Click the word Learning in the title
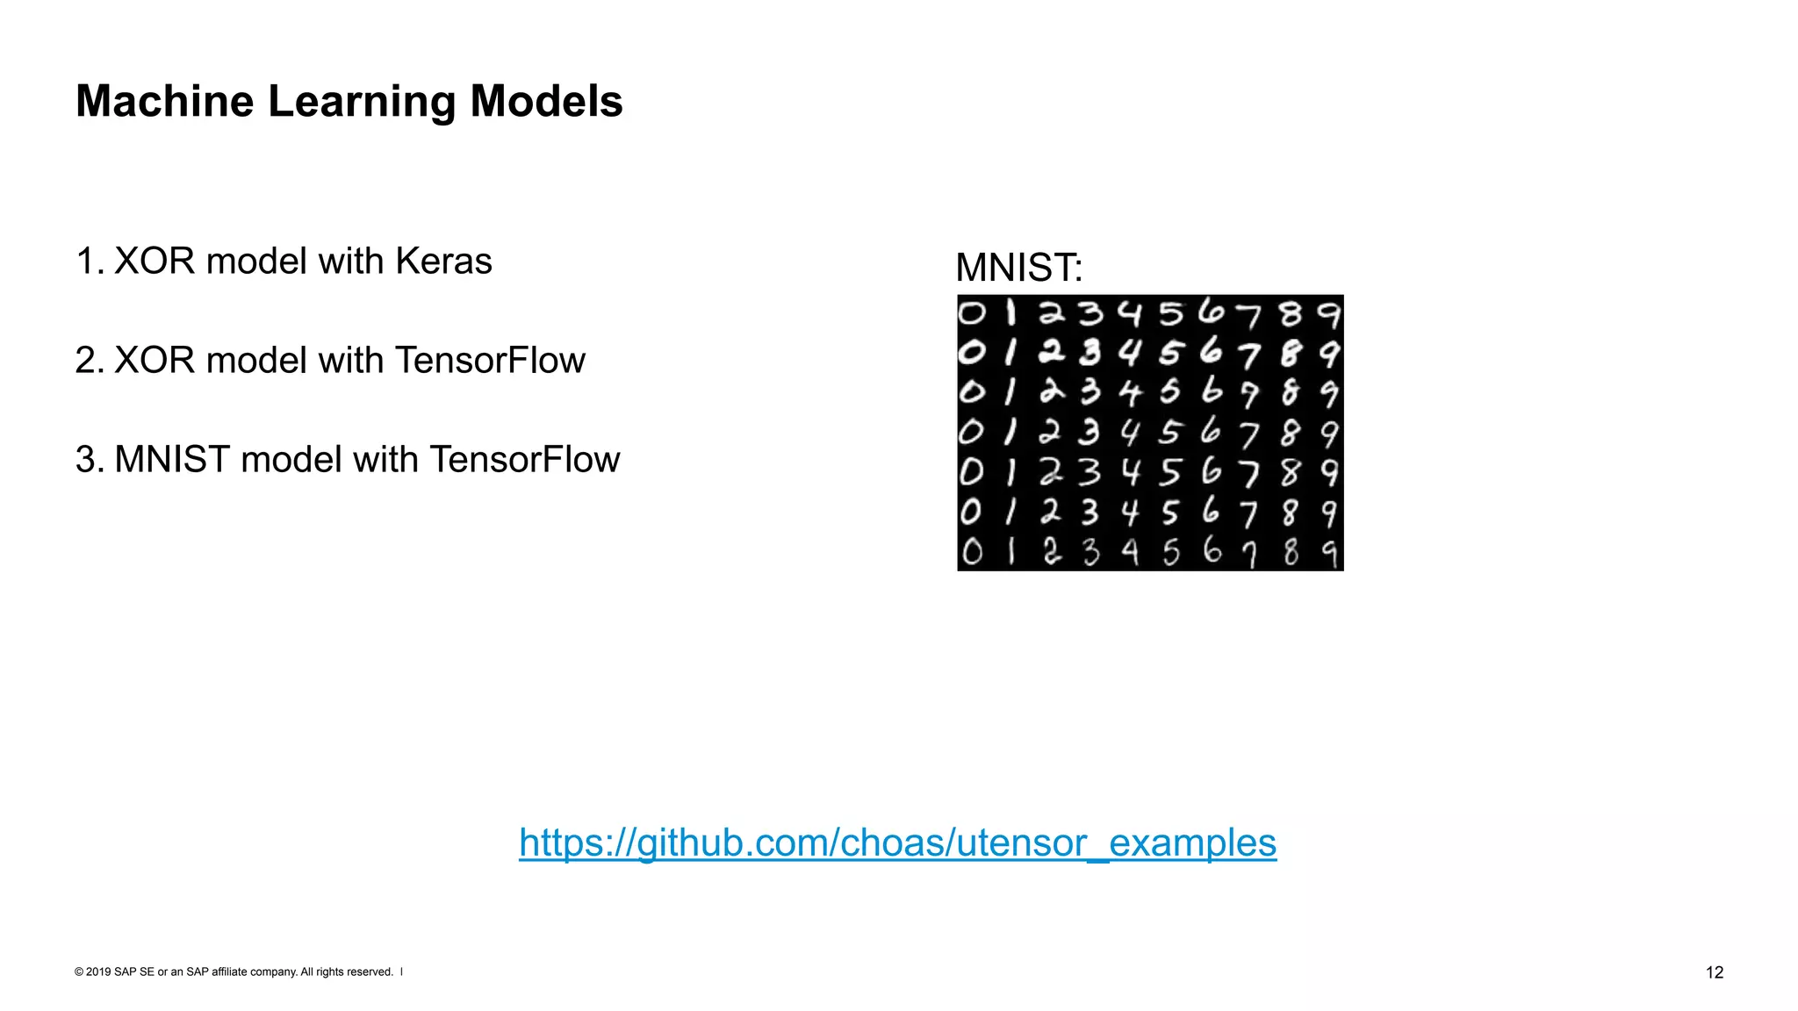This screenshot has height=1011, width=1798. [x=362, y=102]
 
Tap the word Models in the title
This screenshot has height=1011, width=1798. [x=546, y=102]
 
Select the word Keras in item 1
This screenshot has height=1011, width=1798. [x=443, y=262]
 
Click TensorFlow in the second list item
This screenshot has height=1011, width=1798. [x=490, y=361]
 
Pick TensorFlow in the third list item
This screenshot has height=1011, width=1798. [x=524, y=460]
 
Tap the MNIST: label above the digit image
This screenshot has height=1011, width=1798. [x=1019, y=268]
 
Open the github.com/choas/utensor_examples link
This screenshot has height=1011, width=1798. [x=897, y=842]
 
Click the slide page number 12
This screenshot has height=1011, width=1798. [x=1715, y=972]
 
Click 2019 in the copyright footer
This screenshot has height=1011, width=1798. [x=98, y=972]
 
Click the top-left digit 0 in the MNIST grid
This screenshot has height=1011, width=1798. [x=971, y=313]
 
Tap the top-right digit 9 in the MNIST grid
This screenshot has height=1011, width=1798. [x=1329, y=313]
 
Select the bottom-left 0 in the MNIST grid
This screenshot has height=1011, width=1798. [x=972, y=552]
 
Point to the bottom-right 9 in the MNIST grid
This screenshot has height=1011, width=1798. [x=1330, y=553]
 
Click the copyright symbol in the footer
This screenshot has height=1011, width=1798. [x=79, y=972]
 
